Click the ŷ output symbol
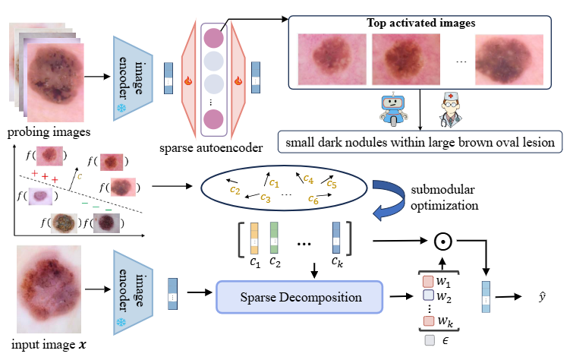(538, 296)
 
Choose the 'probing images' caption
(39, 134)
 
